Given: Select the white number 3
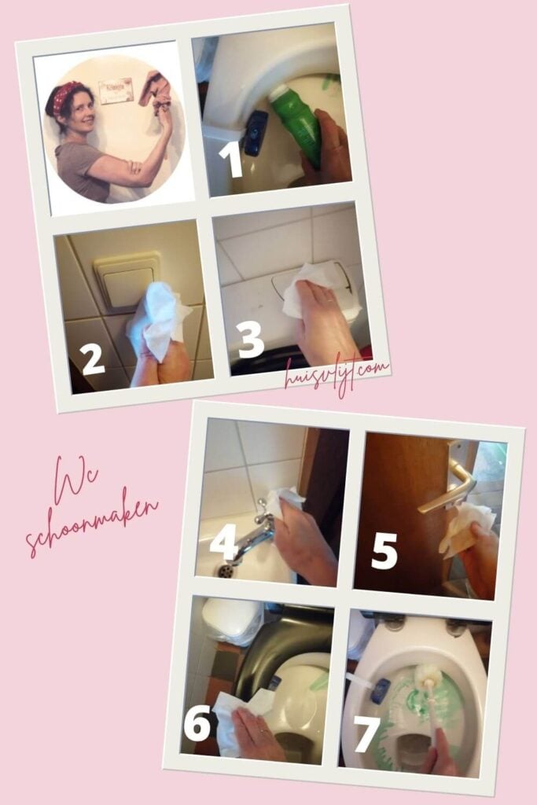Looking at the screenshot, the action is click(x=251, y=340).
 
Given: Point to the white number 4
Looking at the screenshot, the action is click(x=224, y=541).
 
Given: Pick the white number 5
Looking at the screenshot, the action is click(x=384, y=550).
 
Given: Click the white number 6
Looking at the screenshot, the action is click(x=197, y=722).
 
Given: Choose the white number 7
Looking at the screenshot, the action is click(x=366, y=735).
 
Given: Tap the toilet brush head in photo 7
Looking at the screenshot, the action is click(x=428, y=676).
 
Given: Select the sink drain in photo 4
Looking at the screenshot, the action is click(x=224, y=570).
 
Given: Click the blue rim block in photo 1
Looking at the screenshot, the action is click(x=256, y=133).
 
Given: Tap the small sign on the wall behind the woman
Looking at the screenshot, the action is click(x=116, y=91).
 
